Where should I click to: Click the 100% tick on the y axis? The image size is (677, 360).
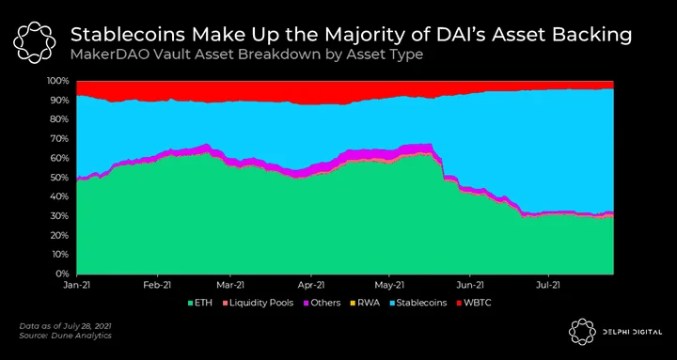pyautogui.click(x=58, y=81)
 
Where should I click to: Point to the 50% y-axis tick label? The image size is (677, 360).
pyautogui.click(x=60, y=178)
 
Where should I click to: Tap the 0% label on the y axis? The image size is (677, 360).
pyautogui.click(x=63, y=274)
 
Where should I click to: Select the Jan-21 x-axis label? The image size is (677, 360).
pyautogui.click(x=77, y=285)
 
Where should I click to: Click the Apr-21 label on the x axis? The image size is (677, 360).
pyautogui.click(x=311, y=285)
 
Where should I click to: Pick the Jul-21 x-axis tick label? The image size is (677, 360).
pyautogui.click(x=548, y=285)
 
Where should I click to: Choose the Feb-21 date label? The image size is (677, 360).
pyautogui.click(x=158, y=285)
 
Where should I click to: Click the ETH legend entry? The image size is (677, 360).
pyautogui.click(x=199, y=303)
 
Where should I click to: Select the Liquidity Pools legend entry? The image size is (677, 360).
pyautogui.click(x=258, y=303)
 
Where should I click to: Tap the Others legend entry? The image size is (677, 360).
pyautogui.click(x=322, y=303)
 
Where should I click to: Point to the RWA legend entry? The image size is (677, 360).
pyautogui.click(x=365, y=303)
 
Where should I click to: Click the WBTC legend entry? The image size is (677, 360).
pyautogui.click(x=474, y=303)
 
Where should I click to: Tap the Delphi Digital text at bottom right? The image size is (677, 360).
pyautogui.click(x=632, y=332)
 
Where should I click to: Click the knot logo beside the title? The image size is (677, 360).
pyautogui.click(x=34, y=42)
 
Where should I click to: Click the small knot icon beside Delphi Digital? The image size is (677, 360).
pyautogui.click(x=582, y=332)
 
